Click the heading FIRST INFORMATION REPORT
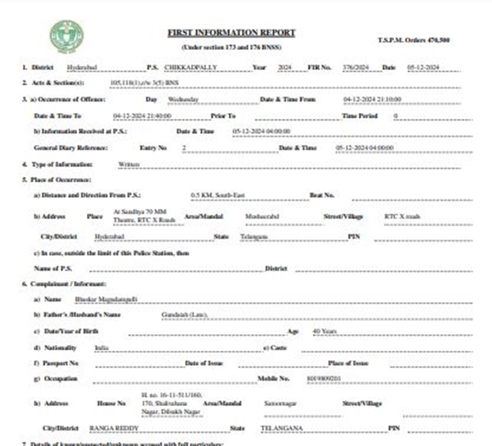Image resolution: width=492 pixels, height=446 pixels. pos(231,32)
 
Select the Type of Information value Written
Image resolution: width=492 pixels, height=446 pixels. pos(130,164)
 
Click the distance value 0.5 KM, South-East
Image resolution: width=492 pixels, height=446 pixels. pos(217,195)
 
